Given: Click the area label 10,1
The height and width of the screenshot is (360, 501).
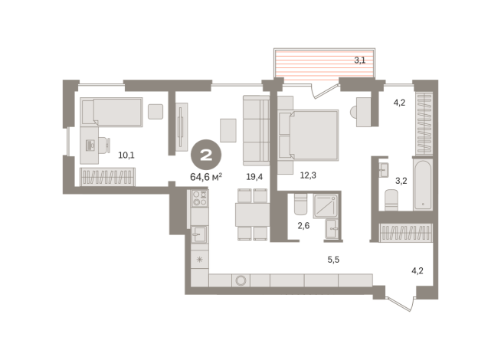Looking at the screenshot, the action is pyautogui.click(x=126, y=155).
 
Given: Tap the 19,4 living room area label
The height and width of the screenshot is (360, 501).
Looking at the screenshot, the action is pyautogui.click(x=254, y=176).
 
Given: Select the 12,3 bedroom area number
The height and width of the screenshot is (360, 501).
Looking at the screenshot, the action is pyautogui.click(x=308, y=175).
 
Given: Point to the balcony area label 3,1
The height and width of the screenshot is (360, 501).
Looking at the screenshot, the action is pyautogui.click(x=360, y=60).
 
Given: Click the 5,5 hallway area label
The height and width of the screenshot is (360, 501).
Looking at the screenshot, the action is pyautogui.click(x=333, y=260).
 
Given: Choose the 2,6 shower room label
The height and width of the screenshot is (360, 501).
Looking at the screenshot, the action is pyautogui.click(x=303, y=226).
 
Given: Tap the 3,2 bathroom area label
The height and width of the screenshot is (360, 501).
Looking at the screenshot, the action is pyautogui.click(x=401, y=181).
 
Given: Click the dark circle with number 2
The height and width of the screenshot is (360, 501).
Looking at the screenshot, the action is pyautogui.click(x=206, y=155).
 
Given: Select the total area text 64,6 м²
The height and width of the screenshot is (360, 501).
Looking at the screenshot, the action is pyautogui.click(x=206, y=177).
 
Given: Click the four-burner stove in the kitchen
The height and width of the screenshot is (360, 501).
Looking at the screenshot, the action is pyautogui.click(x=200, y=198).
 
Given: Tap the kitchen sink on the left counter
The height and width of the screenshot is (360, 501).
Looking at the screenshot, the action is pyautogui.click(x=199, y=234).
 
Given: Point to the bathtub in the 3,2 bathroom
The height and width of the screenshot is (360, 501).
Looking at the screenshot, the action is pyautogui.click(x=422, y=185).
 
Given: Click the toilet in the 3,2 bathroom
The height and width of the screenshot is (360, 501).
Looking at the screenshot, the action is pyautogui.click(x=391, y=200).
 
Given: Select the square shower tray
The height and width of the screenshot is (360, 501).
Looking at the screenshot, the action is pyautogui.click(x=326, y=206).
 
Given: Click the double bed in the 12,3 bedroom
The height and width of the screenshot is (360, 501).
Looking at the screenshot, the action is pyautogui.click(x=308, y=135).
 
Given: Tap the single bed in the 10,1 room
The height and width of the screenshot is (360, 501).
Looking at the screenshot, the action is pyautogui.click(x=111, y=112).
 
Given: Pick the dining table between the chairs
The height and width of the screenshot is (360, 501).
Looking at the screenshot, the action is pyautogui.click(x=253, y=214).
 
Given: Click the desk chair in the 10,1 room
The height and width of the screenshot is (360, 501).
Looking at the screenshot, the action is pyautogui.click(x=104, y=146).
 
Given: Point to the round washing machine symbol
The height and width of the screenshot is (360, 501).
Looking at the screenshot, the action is pyautogui.click(x=241, y=280).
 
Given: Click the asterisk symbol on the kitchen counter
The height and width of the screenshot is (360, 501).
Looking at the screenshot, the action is pyautogui.click(x=200, y=260).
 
